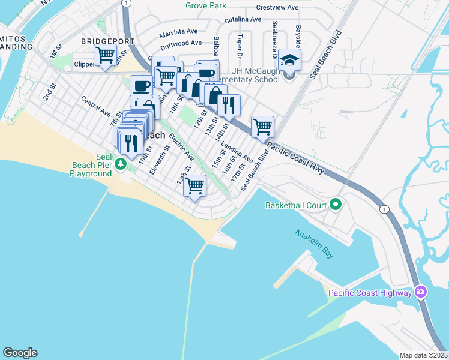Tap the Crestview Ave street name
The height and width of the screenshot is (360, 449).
click(x=277, y=8)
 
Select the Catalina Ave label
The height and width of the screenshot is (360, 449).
click(x=243, y=20)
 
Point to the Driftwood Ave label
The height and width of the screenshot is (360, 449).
click(x=181, y=44)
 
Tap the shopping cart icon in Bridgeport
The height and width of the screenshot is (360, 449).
click(x=106, y=55)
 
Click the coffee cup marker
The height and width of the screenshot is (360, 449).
click(x=141, y=86)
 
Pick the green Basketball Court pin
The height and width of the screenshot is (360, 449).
click(x=336, y=205)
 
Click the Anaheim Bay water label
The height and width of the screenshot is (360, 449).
click(x=314, y=244)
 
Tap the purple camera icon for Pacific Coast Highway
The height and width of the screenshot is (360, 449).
click(x=421, y=292)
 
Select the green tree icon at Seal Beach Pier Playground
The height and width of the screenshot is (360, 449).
click(x=121, y=163)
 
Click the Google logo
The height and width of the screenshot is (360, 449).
click(x=20, y=353)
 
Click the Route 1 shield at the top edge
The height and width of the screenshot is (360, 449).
click(x=125, y=3)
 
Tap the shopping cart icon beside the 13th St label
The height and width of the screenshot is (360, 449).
click(x=194, y=186)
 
